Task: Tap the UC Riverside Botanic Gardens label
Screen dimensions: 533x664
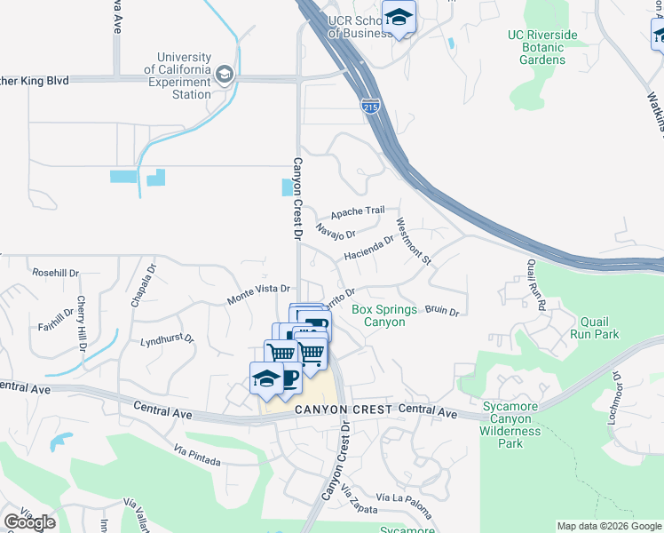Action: [x=542, y=48]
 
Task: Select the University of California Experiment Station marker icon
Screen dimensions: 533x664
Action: [x=224, y=74]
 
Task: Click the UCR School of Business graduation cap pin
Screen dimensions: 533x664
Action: [x=399, y=17]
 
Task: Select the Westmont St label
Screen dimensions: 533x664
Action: [x=413, y=243]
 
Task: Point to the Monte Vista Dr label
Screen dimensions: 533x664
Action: [x=259, y=290]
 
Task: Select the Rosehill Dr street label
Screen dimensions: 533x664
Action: [x=55, y=273]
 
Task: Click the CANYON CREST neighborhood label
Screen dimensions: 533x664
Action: [x=342, y=410]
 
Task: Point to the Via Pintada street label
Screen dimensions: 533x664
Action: [x=197, y=456]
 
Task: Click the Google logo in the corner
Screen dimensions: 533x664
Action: [x=29, y=522]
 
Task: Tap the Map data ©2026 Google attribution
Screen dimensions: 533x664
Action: [x=609, y=526]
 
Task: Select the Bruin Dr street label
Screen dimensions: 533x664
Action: [x=441, y=312]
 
